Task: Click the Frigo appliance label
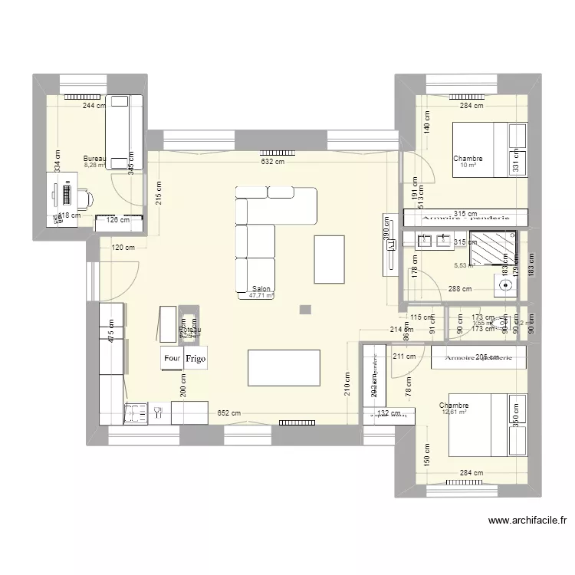pos(195,358)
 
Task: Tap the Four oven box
pos(172,358)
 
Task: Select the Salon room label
pos(260,289)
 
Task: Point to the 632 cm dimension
pos(272,162)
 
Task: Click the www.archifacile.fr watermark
pos(528,521)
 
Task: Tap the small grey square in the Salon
pos(306,310)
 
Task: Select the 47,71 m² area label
pos(261,296)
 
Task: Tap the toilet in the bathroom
pos(505,285)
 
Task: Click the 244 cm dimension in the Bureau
pos(94,107)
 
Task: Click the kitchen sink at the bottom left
pos(138,413)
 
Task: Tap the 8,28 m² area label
pos(95,166)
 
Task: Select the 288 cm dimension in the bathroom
pos(461,290)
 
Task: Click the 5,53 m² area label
pos(465,266)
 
